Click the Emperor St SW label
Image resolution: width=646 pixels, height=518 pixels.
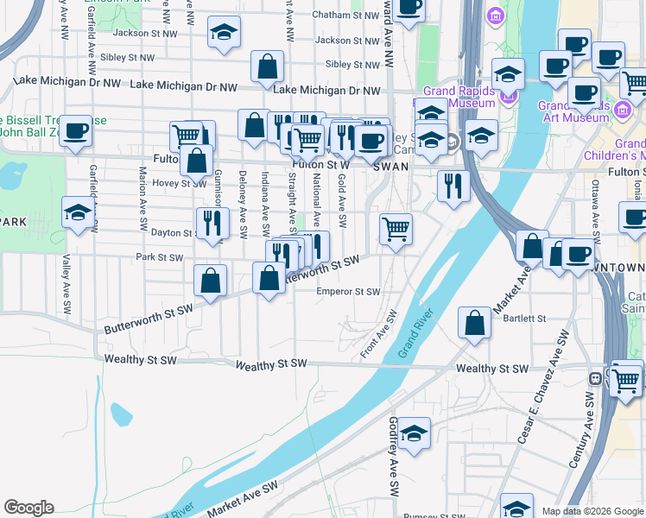(x=347, y=292)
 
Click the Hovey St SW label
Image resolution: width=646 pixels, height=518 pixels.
(x=180, y=183)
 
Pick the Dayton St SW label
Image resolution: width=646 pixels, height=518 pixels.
(x=173, y=233)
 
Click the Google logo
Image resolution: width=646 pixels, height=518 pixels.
(x=28, y=508)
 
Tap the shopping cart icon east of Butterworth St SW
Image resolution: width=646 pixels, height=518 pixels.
(x=396, y=230)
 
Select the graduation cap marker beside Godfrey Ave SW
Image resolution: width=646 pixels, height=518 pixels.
(x=415, y=434)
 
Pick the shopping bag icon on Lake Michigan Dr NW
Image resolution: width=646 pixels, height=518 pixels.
(x=268, y=66)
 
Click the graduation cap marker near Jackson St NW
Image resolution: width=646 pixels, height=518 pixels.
(x=224, y=33)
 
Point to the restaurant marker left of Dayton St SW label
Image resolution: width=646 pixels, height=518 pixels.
(x=212, y=223)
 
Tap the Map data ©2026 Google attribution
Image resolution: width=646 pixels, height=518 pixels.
(x=592, y=511)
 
